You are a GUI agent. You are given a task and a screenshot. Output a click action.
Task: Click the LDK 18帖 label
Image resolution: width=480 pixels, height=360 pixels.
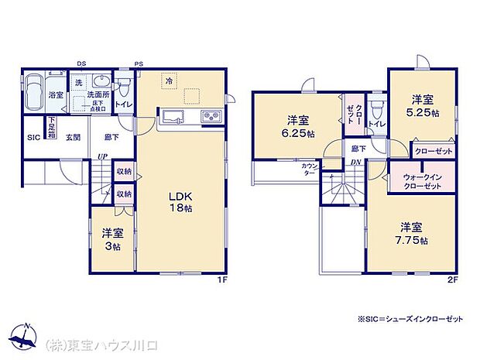coord(180,201)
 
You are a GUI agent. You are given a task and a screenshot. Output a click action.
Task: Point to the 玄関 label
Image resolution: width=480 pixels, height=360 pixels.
coord(73,137)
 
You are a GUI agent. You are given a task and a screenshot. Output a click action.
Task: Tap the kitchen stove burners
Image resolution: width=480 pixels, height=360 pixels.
coord(211,117)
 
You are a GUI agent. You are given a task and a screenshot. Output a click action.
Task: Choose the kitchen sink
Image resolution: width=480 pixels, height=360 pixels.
coord(173,117)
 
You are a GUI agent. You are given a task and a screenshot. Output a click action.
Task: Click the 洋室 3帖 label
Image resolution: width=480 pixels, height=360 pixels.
coord(111,238)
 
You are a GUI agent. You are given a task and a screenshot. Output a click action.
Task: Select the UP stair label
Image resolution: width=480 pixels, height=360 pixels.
coord(101,158)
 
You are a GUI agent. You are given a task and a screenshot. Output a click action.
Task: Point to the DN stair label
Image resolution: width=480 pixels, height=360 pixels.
coord(355,161)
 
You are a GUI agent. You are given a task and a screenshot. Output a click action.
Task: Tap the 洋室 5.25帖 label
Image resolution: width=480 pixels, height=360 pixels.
coord(422,105)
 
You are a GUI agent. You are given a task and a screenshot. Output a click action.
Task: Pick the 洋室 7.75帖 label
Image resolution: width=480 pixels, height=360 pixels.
coord(411,234)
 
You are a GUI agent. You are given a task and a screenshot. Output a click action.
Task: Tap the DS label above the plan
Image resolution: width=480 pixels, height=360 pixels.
coord(81,63)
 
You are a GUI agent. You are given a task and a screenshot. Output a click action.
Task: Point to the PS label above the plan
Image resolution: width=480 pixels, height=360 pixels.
coord(139,63)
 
